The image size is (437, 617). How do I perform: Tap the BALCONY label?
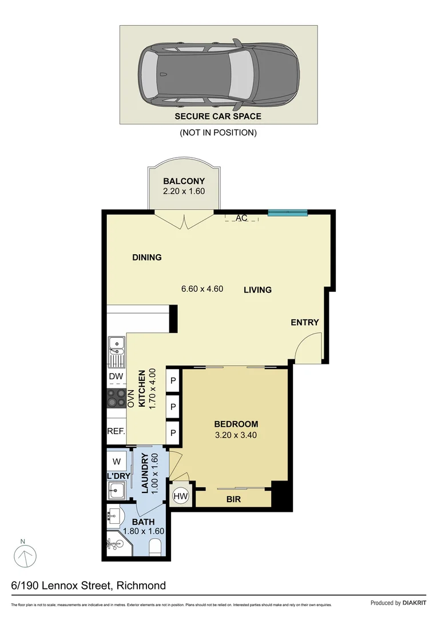[184, 182]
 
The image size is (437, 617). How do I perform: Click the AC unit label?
[241, 218]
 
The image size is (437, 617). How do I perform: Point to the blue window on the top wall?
[288, 213]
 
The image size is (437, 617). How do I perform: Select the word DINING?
[147, 257]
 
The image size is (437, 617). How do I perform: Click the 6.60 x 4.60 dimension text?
[202, 289]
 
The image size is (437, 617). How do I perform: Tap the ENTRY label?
[304, 322]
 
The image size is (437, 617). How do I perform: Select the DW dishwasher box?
[116, 376]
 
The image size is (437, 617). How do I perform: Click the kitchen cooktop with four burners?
[116, 398]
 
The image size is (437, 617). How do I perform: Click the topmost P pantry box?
[173, 380]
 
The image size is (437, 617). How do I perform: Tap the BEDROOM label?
[236, 424]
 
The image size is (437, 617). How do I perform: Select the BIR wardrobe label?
[233, 499]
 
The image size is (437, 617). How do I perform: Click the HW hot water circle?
[180, 496]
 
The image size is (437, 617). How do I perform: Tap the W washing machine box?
[116, 461]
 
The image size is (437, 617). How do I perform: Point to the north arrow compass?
[25, 555]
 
